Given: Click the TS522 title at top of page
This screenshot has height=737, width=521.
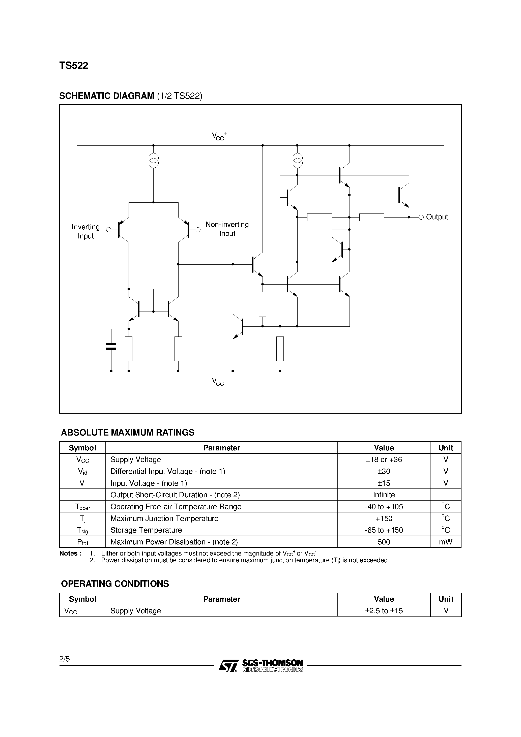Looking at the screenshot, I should (x=74, y=66).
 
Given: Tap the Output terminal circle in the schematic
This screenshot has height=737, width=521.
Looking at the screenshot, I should (x=421, y=217).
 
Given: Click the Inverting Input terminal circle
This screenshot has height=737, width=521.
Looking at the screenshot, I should (x=109, y=230).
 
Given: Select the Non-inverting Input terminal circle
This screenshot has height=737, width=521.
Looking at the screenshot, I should (x=198, y=230).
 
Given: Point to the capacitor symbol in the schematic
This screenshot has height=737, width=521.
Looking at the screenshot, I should (x=111, y=346).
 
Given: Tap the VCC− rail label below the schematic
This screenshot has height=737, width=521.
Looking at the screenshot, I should (x=219, y=382).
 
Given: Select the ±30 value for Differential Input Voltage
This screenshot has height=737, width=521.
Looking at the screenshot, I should (x=384, y=471).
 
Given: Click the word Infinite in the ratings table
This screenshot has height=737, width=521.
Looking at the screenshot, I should (x=384, y=495).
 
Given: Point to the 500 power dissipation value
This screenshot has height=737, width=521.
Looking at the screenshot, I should (x=384, y=542).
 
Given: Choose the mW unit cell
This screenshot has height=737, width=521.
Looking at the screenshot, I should (x=446, y=542).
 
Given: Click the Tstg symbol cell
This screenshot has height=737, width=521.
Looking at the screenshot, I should (x=82, y=530).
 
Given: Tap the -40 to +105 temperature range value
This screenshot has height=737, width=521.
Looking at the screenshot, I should (x=384, y=507).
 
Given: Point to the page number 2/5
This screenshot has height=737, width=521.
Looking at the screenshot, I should (x=64, y=659).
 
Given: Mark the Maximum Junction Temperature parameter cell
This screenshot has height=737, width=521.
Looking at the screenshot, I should (x=164, y=518).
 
